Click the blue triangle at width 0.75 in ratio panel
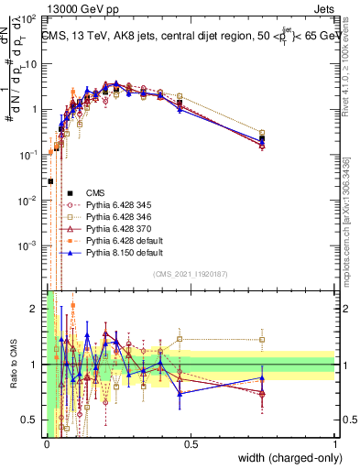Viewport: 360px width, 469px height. [x=262, y=377]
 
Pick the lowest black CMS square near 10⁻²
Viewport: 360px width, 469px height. [x=49, y=181]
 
